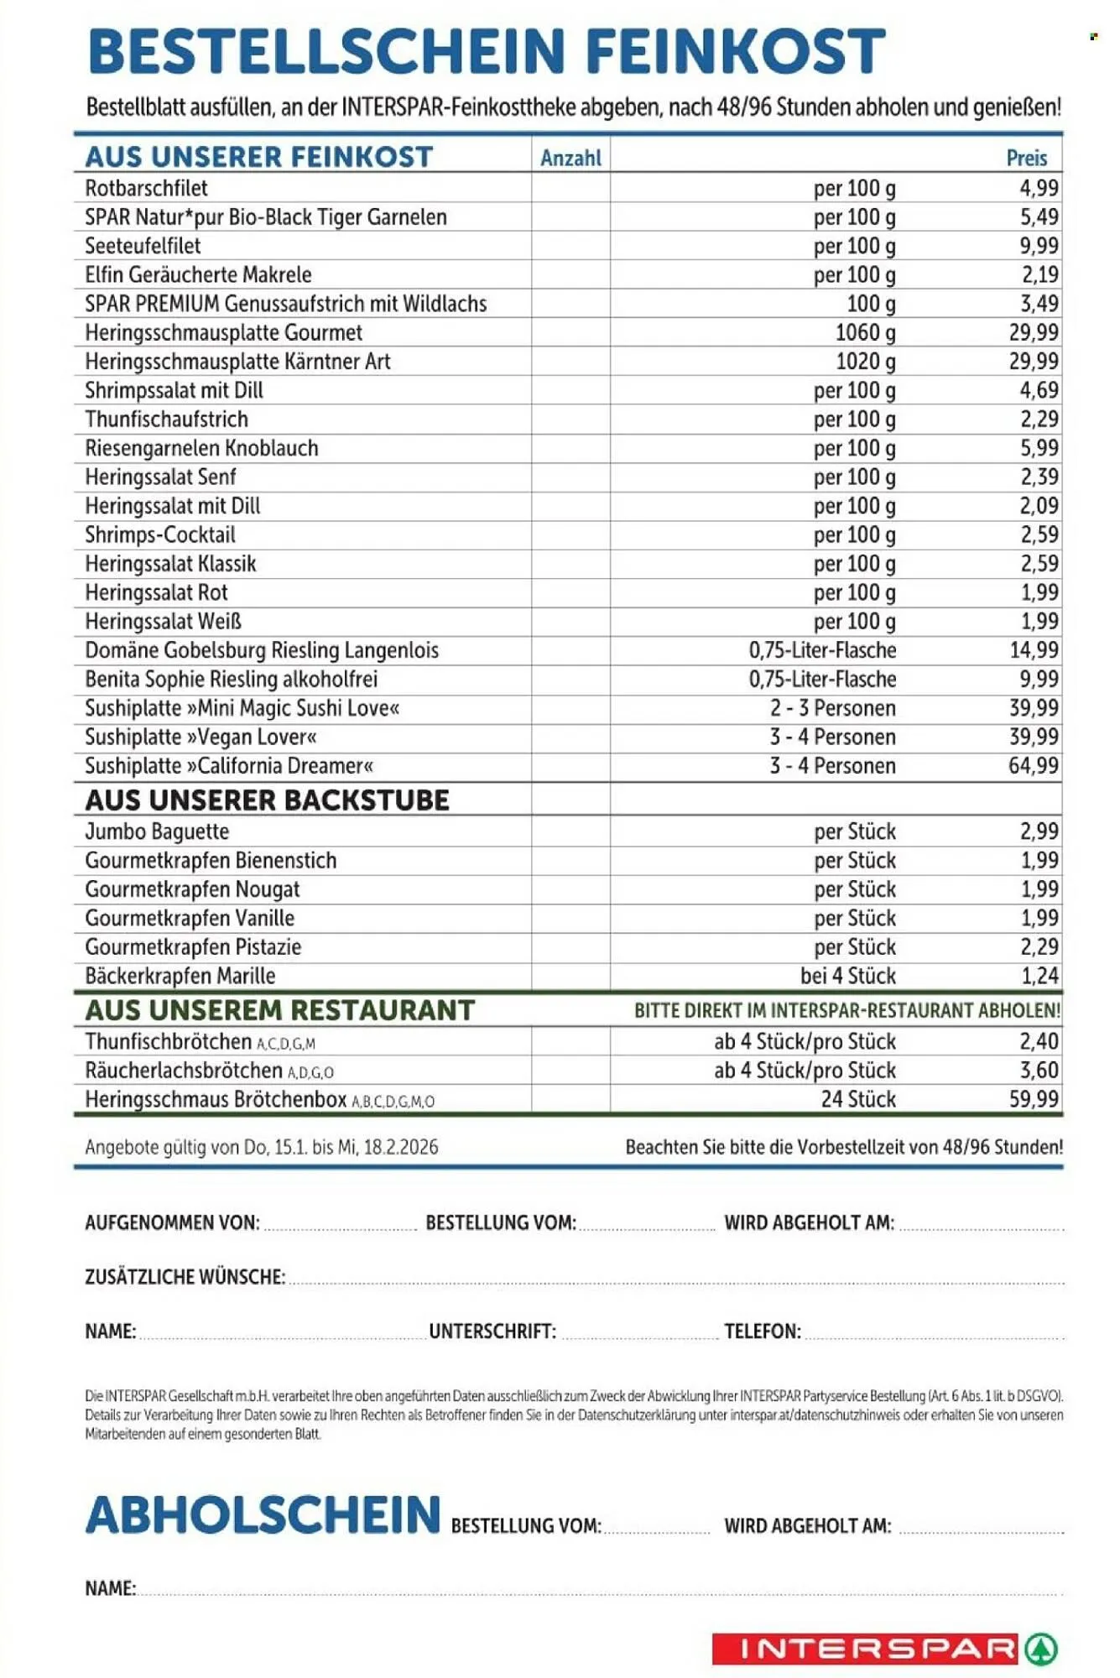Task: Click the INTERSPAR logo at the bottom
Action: [883, 1649]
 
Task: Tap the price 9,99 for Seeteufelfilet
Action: [1039, 246]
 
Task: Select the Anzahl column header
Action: [570, 158]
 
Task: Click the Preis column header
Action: [1026, 158]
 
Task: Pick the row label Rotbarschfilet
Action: [146, 188]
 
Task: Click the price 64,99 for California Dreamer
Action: [1033, 765]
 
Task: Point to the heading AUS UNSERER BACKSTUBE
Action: [267, 800]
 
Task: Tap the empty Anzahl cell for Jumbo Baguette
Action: [570, 831]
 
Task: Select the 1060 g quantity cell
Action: [865, 332]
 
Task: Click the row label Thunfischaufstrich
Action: [166, 419]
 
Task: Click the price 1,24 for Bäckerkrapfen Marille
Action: [1039, 976]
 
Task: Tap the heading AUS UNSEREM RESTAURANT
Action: [279, 1010]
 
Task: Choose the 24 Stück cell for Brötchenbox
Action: [857, 1099]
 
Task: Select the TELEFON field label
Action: [762, 1331]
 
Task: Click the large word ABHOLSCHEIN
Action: [263, 1515]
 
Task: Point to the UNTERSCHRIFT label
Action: [492, 1331]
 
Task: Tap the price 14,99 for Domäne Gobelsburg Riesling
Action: [1033, 650]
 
